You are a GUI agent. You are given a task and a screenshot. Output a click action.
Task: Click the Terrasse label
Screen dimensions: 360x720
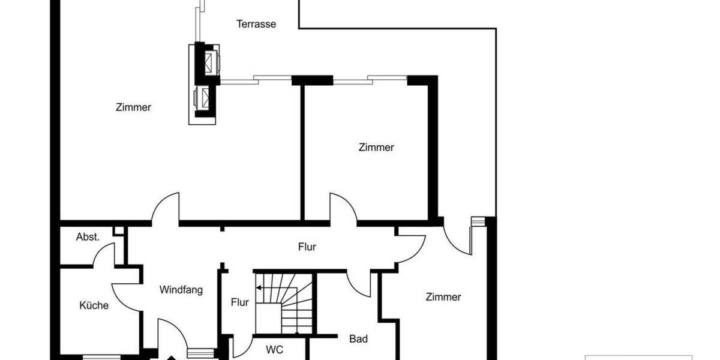click(x=256, y=24)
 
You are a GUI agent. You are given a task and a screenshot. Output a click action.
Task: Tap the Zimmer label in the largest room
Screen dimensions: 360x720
click(x=133, y=107)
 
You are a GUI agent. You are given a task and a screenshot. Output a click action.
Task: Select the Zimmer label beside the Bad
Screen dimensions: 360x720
click(x=443, y=296)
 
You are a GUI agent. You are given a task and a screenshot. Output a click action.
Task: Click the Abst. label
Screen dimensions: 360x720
click(x=88, y=236)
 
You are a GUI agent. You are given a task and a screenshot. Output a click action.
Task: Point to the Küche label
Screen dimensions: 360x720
click(x=94, y=305)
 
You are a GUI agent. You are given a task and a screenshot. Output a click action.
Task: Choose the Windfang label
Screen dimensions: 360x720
click(x=181, y=290)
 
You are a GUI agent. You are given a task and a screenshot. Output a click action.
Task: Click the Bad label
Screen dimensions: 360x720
click(x=358, y=339)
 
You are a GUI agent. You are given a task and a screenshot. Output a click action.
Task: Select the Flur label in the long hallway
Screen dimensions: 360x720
click(x=307, y=247)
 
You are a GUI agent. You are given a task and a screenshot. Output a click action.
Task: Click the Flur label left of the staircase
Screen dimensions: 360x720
click(x=239, y=302)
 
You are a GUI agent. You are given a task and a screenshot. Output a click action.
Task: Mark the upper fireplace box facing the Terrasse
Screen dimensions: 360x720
click(x=212, y=60)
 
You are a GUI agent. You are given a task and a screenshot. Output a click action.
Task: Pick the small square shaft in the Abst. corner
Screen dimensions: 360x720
click(x=119, y=230)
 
